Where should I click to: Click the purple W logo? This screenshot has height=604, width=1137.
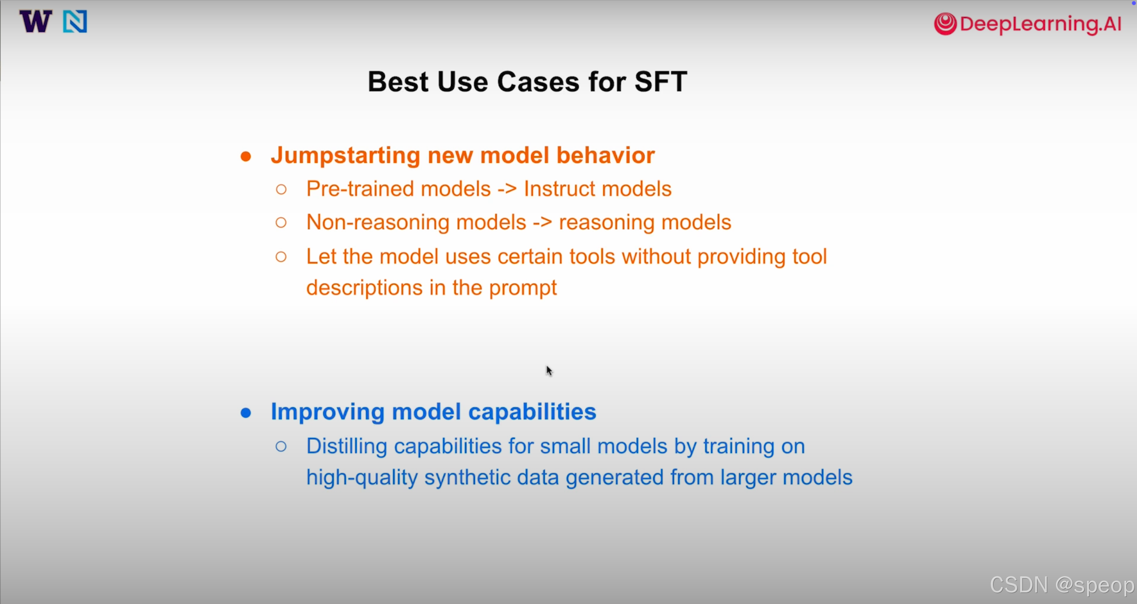tap(36, 21)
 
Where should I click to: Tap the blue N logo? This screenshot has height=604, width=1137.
tap(75, 21)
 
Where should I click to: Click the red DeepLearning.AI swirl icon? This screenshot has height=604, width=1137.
tap(945, 24)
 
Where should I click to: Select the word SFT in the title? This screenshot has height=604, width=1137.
tap(661, 82)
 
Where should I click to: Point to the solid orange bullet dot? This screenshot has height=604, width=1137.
tap(246, 156)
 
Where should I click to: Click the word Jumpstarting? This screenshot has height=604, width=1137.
tap(346, 156)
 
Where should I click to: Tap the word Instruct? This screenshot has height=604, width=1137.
tap(559, 189)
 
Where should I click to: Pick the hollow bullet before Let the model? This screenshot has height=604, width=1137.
tap(281, 256)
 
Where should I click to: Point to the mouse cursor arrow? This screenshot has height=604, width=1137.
tap(549, 371)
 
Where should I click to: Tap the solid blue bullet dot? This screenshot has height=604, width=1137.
tap(246, 413)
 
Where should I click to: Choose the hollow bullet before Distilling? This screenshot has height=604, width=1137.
tap(281, 446)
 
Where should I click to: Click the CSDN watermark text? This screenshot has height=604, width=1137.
tap(1062, 585)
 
